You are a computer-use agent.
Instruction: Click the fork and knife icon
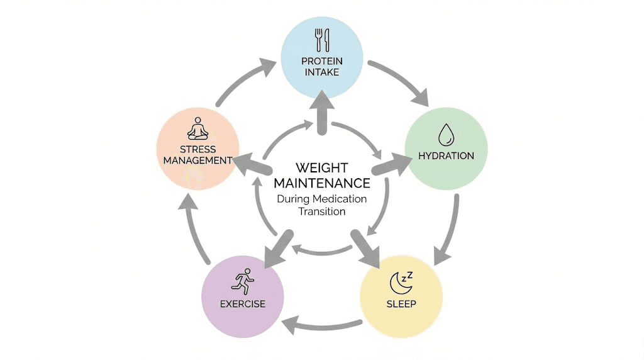click(321, 40)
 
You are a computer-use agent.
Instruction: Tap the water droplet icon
click(446, 134)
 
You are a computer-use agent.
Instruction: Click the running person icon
click(242, 279)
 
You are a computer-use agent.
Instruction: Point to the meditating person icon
click(197, 130)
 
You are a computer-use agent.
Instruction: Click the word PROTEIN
click(321, 61)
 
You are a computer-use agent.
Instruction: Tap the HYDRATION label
click(446, 155)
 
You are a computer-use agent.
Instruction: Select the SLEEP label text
click(401, 304)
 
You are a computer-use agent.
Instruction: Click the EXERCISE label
click(242, 304)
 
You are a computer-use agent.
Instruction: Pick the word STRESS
click(197, 150)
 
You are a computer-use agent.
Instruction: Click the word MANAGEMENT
click(197, 160)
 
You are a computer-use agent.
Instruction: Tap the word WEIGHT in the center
click(321, 169)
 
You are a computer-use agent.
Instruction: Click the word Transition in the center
click(321, 211)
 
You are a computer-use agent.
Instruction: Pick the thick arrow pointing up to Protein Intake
click(321, 112)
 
